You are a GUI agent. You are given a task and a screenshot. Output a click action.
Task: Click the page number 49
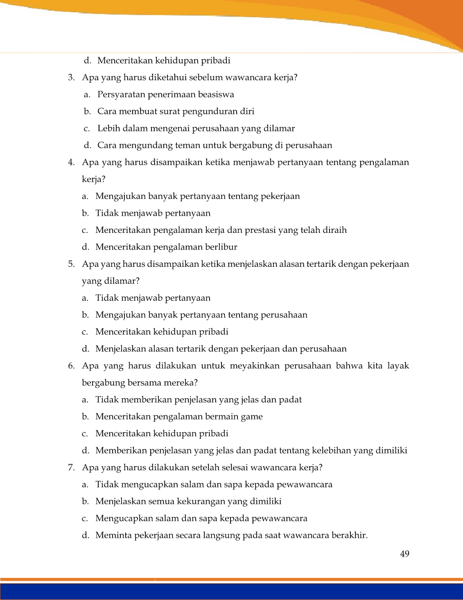coord(404,554)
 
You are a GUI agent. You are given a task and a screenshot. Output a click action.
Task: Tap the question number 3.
coord(71,77)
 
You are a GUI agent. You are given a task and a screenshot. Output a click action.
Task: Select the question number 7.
coord(71,467)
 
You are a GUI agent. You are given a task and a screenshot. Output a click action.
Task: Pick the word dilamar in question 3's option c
coord(280,129)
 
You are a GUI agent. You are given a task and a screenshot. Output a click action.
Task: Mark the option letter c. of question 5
coord(85,332)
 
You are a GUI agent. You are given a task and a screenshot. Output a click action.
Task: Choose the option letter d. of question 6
coord(85,451)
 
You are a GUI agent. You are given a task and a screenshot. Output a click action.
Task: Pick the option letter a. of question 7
coord(85,485)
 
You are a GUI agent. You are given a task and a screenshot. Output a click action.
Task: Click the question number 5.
coord(71,264)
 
